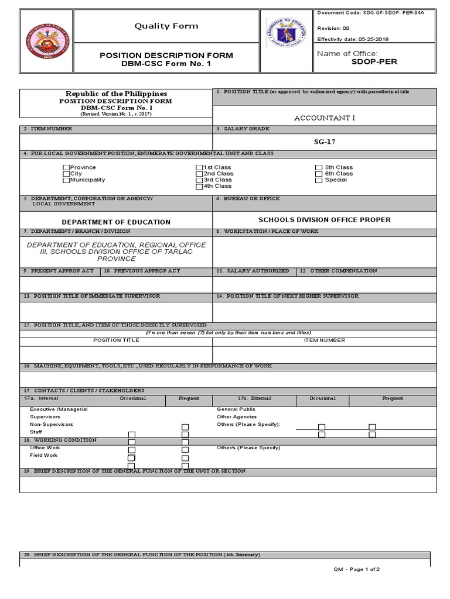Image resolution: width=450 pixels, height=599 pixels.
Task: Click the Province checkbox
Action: pyautogui.click(x=66, y=168)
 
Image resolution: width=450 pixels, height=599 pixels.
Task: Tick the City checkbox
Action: pyautogui.click(x=66, y=174)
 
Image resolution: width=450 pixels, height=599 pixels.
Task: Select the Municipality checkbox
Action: pyautogui.click(x=66, y=180)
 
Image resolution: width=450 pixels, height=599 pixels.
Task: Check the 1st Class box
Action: pyautogui.click(x=199, y=168)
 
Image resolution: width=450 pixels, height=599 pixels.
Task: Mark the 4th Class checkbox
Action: pyautogui.click(x=199, y=187)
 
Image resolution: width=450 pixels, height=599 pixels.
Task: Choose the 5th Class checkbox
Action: pyautogui.click(x=319, y=168)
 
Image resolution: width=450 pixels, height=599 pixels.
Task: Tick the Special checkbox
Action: pyautogui.click(x=319, y=180)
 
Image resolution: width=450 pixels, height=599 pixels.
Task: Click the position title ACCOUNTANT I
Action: pyautogui.click(x=324, y=118)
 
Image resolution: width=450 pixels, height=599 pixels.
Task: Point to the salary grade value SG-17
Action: pyautogui.click(x=324, y=142)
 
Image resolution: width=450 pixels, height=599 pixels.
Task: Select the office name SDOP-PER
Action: pyautogui.click(x=374, y=62)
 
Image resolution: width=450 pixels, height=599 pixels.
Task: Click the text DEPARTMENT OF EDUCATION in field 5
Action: pyautogui.click(x=116, y=222)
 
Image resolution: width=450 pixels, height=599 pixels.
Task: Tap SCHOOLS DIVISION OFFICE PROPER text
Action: pyautogui.click(x=324, y=220)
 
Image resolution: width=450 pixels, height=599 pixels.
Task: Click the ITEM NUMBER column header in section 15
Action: pyautogui.click(x=324, y=340)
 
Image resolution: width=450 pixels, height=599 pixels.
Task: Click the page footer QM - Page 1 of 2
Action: pyautogui.click(x=357, y=569)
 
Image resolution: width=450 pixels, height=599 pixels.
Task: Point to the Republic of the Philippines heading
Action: pyautogui.click(x=116, y=94)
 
